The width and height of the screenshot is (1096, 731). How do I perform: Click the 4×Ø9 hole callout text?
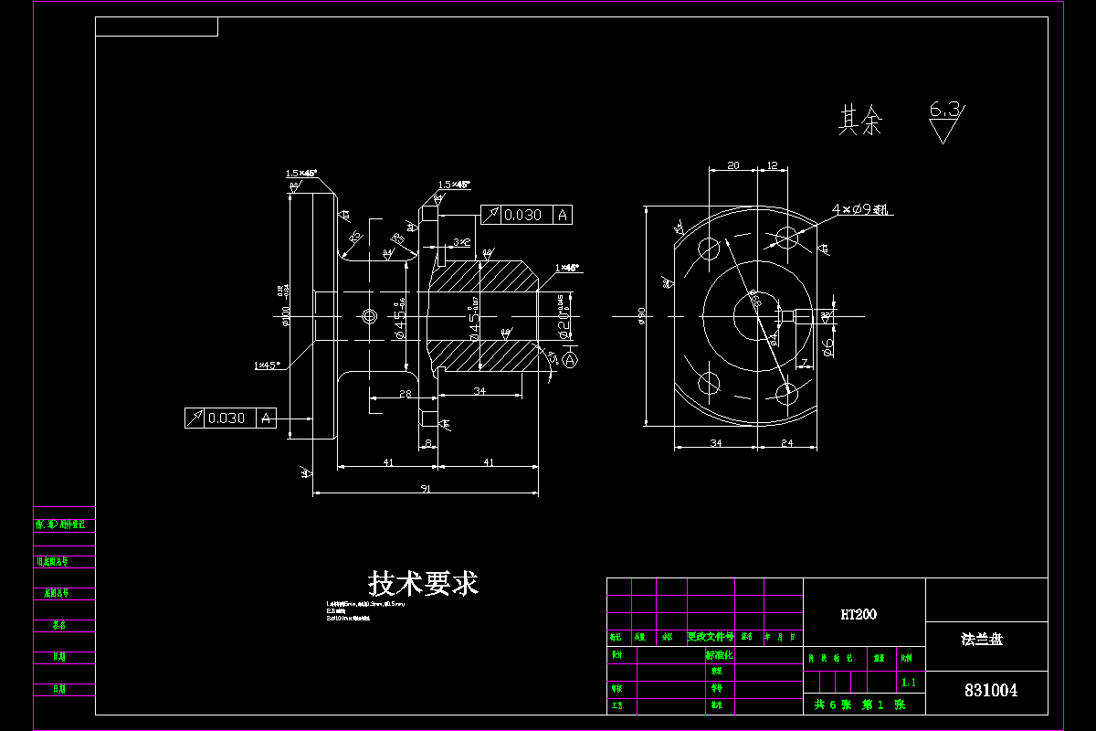pos(859,210)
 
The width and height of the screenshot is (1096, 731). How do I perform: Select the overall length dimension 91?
pos(426,489)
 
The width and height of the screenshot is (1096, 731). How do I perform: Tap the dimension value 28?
pos(404,394)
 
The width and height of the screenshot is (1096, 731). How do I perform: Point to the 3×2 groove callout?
pos(461,242)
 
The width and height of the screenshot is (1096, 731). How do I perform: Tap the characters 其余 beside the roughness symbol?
pos(860,121)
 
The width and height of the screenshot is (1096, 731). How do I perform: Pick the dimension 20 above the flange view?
pos(732,165)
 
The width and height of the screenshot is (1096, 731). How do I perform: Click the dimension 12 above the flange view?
pos(772,165)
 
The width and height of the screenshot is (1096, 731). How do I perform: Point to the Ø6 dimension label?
pos(827,346)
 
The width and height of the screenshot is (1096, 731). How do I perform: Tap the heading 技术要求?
pos(423,583)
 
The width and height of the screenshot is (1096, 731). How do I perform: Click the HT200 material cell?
pos(859,614)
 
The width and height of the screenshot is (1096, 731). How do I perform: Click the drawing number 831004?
pos(990,691)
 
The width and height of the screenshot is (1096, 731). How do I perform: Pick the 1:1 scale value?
pos(908,683)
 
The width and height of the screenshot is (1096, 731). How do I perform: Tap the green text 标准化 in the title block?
pos(720,655)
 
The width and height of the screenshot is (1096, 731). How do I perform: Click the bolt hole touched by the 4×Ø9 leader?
pos(787,238)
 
